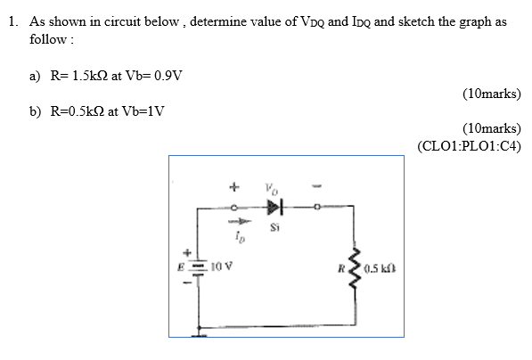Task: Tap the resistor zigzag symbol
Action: [x=355, y=266]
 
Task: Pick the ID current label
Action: [x=237, y=238]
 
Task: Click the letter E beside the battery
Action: [x=187, y=266]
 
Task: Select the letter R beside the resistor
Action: [x=340, y=266]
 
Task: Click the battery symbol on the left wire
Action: [x=200, y=266]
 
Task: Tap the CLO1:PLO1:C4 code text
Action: [x=469, y=146]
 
